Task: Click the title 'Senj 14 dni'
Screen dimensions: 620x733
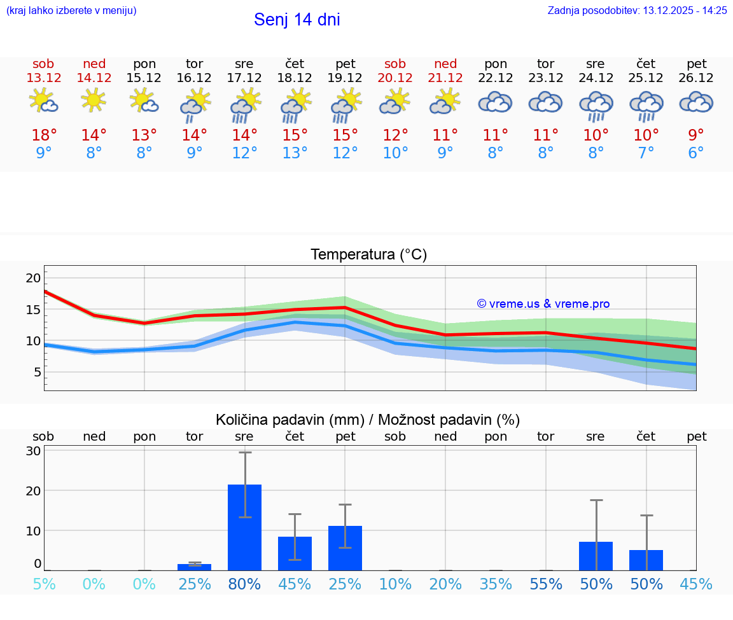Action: [x=297, y=20]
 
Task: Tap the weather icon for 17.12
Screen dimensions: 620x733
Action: [x=244, y=105]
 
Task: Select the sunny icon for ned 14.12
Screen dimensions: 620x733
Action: [x=94, y=100]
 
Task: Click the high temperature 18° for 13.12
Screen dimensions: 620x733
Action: [x=44, y=135]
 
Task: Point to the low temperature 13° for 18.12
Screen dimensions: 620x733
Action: [x=295, y=153]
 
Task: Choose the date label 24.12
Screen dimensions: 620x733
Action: [x=596, y=78]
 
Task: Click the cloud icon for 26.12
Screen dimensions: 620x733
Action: [x=696, y=102]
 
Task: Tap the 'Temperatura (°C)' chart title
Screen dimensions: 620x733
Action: [x=368, y=255]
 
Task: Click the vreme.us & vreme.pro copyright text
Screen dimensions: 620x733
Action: [x=543, y=304]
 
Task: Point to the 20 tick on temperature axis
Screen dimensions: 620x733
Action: [x=33, y=278]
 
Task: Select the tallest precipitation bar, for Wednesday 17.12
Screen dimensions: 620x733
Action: [x=244, y=527]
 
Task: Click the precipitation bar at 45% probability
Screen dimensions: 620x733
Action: [x=295, y=553]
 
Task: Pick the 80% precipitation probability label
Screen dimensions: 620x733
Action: [x=244, y=584]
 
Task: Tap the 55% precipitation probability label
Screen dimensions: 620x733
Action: [x=545, y=584]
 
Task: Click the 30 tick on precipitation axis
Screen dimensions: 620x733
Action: [x=33, y=451]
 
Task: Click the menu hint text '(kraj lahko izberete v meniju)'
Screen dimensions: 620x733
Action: [x=71, y=11]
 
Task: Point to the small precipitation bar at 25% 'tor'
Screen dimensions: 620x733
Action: [x=194, y=567]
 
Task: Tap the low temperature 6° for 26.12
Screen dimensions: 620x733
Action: [x=696, y=153]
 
